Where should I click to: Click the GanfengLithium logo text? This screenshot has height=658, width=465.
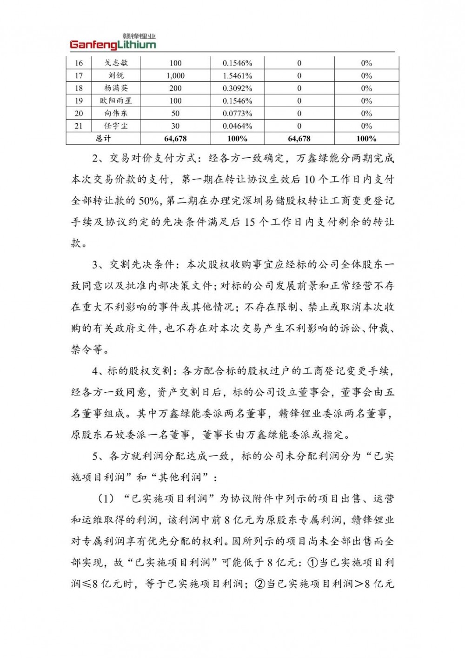113,45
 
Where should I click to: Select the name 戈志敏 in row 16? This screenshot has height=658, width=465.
116,63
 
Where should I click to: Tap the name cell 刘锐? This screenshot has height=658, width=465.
116,75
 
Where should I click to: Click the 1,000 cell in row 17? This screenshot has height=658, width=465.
175,75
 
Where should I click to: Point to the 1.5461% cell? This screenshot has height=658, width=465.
237,75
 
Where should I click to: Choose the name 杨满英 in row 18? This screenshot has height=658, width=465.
116,88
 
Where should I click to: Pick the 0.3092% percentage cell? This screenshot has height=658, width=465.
237,88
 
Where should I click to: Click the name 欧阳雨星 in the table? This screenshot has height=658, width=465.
116,101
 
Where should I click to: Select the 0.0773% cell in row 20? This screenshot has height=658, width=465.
237,113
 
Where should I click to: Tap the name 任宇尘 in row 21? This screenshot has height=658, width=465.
116,126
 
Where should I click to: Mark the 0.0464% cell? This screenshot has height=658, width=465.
237,126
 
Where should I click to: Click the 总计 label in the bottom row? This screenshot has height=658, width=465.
103,138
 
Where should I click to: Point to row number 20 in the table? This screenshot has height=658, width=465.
79,113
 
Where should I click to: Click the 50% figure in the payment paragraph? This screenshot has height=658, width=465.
149,201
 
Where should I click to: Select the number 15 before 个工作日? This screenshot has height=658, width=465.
249,222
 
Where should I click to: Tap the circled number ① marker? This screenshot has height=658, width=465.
312,562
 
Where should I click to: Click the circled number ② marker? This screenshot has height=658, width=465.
260,584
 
